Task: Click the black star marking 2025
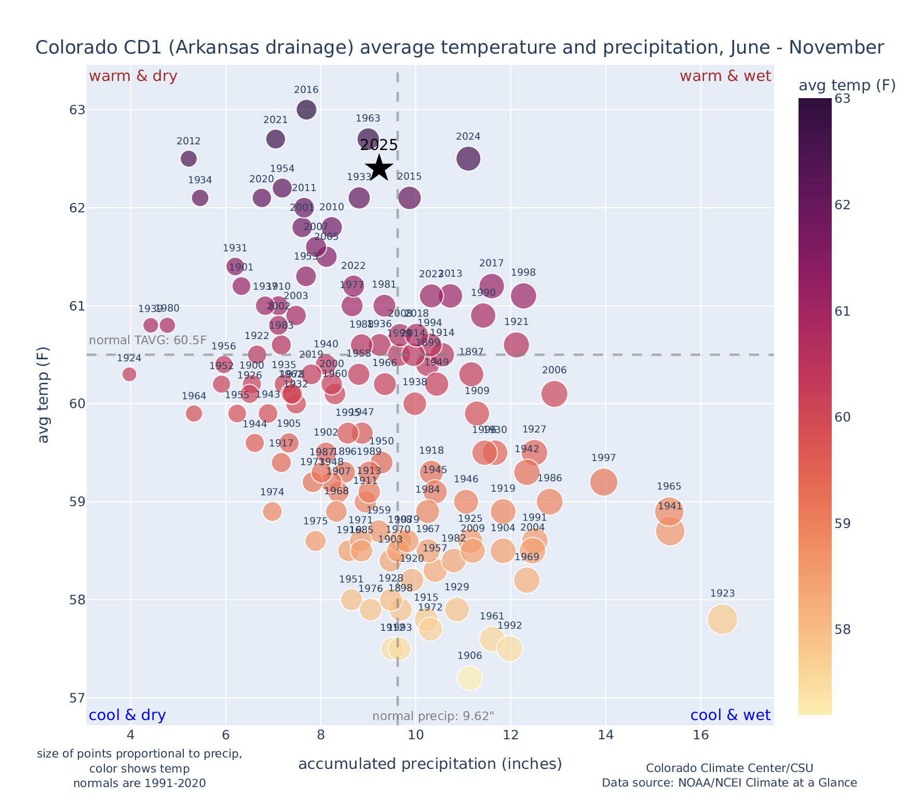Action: (380, 168)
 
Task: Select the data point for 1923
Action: (722, 619)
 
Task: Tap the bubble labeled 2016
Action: (306, 110)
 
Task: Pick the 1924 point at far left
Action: (130, 374)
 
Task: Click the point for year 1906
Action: (470, 678)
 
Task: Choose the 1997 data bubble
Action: (604, 482)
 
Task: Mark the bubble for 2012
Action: (189, 158)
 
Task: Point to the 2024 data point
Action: (468, 158)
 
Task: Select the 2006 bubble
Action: (554, 394)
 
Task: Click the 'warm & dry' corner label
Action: (133, 76)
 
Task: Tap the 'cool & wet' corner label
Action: (730, 715)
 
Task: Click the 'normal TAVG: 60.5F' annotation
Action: (148, 341)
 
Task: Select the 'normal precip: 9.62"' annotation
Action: (433, 716)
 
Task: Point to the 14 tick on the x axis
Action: (605, 736)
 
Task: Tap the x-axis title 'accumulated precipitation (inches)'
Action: (430, 764)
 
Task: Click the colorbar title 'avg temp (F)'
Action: (847, 85)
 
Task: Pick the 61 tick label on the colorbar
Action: (842, 312)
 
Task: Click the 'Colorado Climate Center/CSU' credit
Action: (729, 768)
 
